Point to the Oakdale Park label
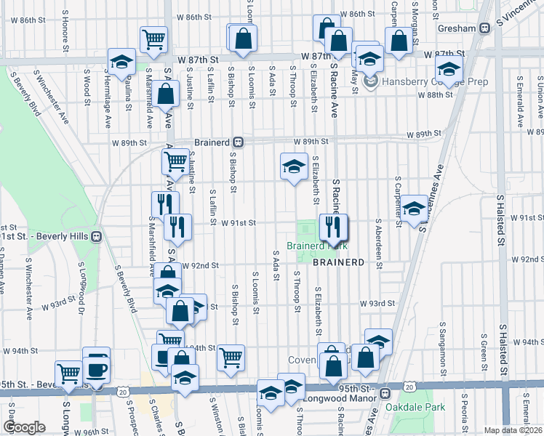pos(415,408)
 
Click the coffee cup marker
pos(97,368)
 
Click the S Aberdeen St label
pos(378,243)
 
